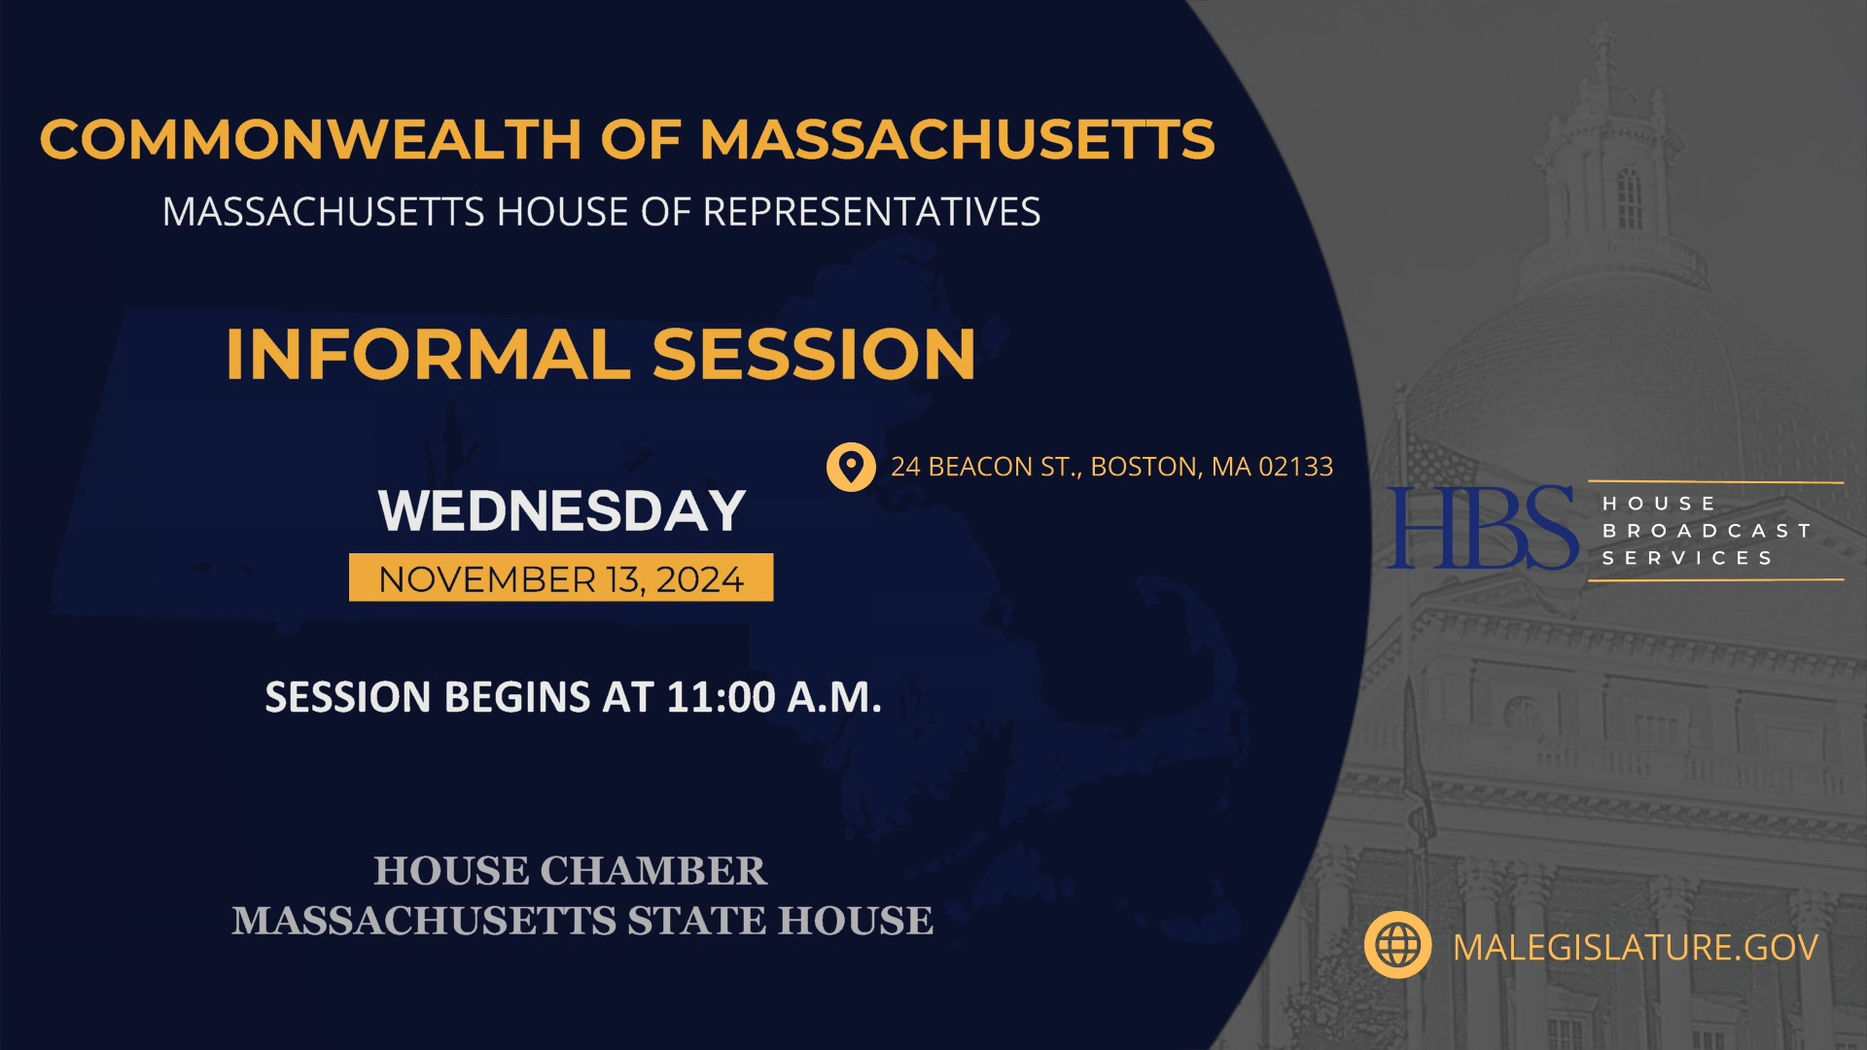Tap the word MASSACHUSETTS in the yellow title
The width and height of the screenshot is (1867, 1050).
pos(957,139)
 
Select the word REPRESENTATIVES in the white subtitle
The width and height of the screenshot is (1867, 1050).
pos(871,212)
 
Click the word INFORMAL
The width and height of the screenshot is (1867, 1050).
pos(428,354)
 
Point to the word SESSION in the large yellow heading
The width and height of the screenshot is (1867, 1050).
pos(814,354)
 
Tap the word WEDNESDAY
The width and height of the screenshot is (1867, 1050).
pos(562,511)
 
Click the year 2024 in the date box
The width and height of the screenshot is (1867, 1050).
pos(699,579)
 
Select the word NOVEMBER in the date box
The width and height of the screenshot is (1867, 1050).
pos(487,579)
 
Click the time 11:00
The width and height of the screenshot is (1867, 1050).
pos(721,697)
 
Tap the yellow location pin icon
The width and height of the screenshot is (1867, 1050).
pos(851,468)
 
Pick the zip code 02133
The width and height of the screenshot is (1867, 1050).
pos(1295,468)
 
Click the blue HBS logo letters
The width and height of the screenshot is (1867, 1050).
pos(1482,529)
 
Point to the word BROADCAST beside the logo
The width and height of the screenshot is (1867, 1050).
pos(1707,531)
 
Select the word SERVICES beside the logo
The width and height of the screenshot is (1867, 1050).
pos(1687,558)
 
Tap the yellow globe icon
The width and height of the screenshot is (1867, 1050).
pos(1397,945)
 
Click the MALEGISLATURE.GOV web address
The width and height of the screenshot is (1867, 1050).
pos(1635,947)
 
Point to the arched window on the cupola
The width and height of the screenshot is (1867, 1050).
pos(1629,197)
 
